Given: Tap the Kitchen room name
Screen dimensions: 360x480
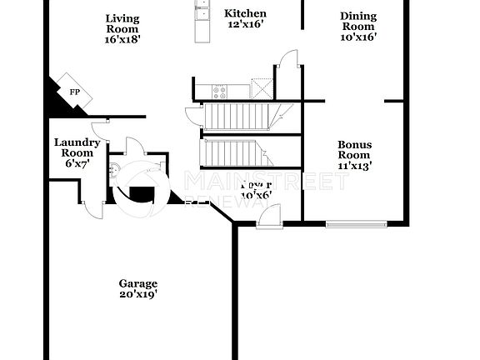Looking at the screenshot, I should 246,13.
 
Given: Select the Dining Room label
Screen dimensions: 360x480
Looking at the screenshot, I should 358,22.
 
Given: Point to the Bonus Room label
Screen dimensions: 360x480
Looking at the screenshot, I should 354,150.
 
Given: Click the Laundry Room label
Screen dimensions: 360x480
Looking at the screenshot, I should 77,147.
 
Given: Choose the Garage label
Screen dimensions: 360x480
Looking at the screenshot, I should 137,283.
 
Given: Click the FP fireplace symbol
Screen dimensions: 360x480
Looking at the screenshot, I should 74,92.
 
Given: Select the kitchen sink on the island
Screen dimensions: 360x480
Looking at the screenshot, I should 202,10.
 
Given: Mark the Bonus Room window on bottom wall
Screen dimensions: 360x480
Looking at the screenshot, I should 356,222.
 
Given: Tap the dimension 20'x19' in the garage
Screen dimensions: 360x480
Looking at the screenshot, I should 137,294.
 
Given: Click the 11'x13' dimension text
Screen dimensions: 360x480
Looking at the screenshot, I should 354,166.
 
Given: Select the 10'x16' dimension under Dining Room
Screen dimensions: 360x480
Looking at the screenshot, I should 358,37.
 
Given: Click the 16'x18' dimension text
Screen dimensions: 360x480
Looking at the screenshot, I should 122,39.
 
